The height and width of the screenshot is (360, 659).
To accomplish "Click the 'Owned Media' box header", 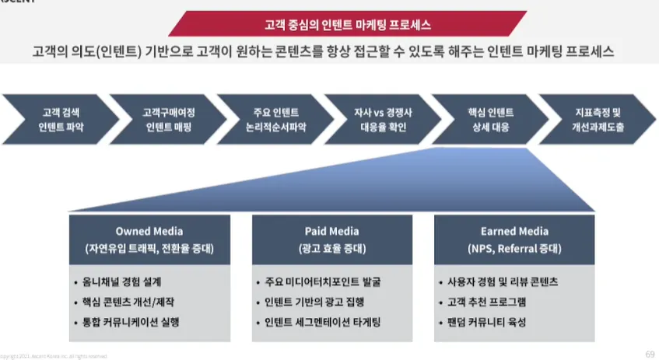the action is [149, 239].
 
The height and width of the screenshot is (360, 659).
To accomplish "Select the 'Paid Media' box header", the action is [331, 239].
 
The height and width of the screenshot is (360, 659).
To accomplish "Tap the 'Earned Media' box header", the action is [514, 239].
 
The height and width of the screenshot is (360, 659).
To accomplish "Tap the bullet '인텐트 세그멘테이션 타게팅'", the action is [328, 322].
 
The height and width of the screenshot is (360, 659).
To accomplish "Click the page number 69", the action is [650, 354].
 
